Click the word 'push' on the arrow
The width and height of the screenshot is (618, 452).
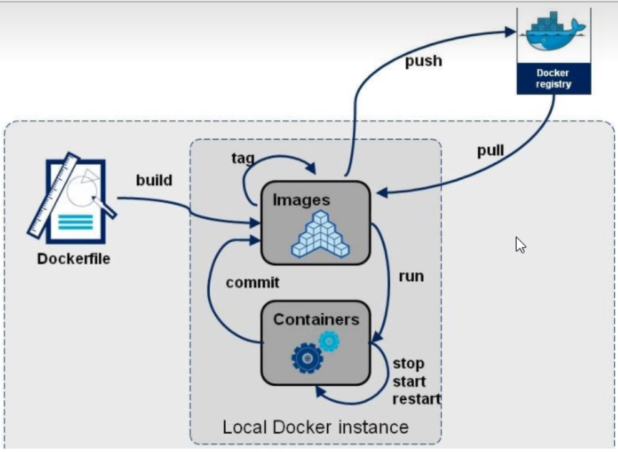pos(423,61)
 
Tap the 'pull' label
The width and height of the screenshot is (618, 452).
pos(490,151)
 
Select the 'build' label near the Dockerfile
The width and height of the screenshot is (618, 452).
pos(154,180)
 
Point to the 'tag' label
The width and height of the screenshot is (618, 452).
pos(243,158)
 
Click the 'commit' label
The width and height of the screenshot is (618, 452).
pos(253,282)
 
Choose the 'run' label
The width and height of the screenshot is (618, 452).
pos(412,277)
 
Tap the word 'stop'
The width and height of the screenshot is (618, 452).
pos(408,364)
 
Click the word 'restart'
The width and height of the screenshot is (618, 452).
pos(417,399)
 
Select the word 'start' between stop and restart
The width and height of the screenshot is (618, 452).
pos(410,382)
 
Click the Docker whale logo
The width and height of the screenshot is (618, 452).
pos(554,31)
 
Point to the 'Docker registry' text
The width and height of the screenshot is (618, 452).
pos(554,78)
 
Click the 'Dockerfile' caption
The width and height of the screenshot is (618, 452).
pos(74,259)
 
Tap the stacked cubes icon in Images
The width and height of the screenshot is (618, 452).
pos(320,235)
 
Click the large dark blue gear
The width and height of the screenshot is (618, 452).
pos(307,358)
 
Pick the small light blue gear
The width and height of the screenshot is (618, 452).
pos(329,341)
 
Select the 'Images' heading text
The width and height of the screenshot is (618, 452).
pos(301,200)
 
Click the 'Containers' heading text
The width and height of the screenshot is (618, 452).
pos(316,319)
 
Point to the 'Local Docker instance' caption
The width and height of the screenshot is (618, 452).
pos(316,427)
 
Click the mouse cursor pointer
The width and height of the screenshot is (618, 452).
pos(520,245)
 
